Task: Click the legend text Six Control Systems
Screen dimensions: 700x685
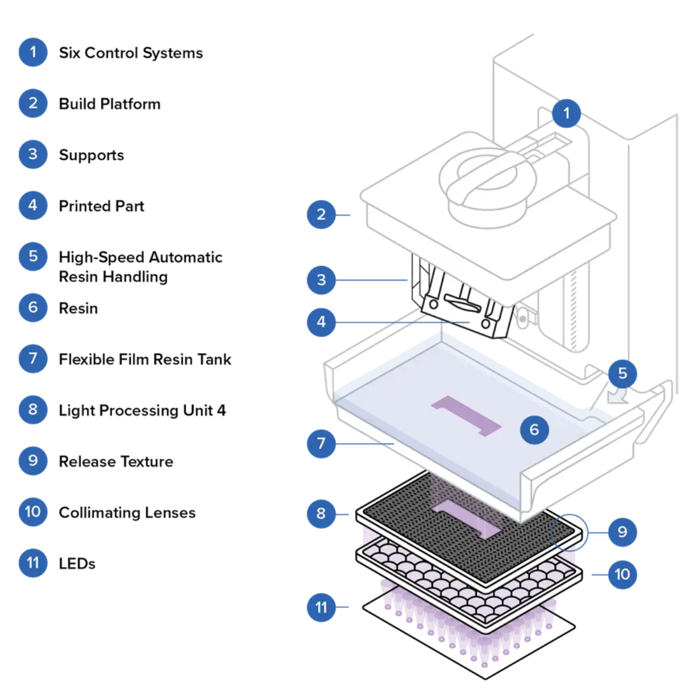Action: tap(131, 53)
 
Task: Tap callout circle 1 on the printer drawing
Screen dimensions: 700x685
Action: tap(566, 114)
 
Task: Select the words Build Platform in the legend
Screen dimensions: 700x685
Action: tap(110, 104)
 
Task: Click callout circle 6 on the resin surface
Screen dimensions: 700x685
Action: tap(534, 430)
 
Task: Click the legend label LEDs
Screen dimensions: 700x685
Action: tap(77, 564)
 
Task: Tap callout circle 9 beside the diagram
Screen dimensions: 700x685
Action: tap(622, 532)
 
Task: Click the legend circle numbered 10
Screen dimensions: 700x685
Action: tap(33, 512)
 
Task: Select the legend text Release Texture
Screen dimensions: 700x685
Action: tap(116, 461)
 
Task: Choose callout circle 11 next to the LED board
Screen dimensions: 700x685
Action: tap(321, 607)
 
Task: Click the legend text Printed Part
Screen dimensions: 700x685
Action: tap(102, 206)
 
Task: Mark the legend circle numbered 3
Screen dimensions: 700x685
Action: tap(33, 155)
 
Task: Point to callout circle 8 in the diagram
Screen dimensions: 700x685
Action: tap(321, 514)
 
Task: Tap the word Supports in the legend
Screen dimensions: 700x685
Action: tap(92, 155)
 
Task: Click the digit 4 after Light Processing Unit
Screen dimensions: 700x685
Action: tap(221, 410)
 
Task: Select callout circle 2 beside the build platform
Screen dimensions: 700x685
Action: tap(321, 214)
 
